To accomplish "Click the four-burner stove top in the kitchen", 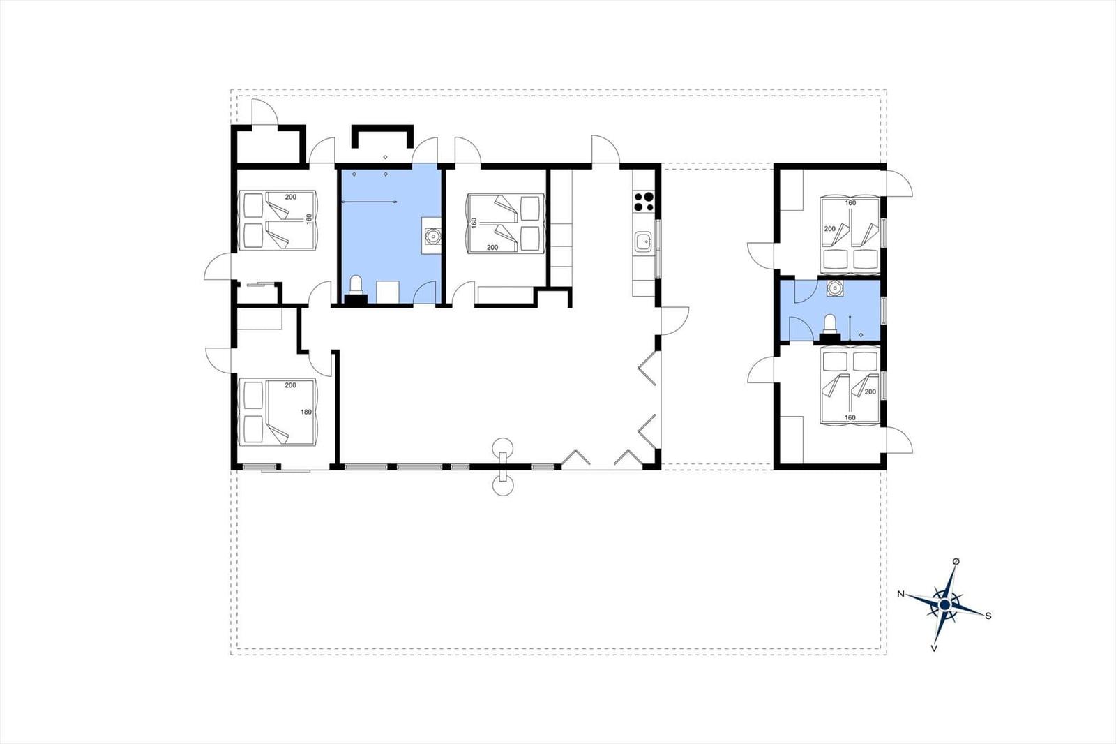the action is [x=644, y=202].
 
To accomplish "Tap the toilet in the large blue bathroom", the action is [x=356, y=289].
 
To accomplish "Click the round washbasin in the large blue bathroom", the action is [x=432, y=235].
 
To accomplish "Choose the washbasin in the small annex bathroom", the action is [x=834, y=288].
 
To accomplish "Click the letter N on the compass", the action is [x=900, y=594].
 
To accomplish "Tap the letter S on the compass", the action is [x=988, y=616].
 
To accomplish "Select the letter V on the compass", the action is [x=934, y=649].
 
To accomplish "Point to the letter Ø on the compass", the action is [x=956, y=562].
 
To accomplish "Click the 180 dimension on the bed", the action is [x=306, y=412].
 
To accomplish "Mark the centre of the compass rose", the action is [x=944, y=605].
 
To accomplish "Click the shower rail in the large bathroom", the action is [x=369, y=202].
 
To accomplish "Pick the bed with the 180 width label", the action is [x=278, y=412].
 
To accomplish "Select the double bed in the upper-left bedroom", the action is [x=278, y=220].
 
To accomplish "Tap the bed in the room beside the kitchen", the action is [x=505, y=223].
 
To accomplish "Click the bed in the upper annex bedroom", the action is [x=850, y=235].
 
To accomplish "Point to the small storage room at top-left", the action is [x=269, y=145].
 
